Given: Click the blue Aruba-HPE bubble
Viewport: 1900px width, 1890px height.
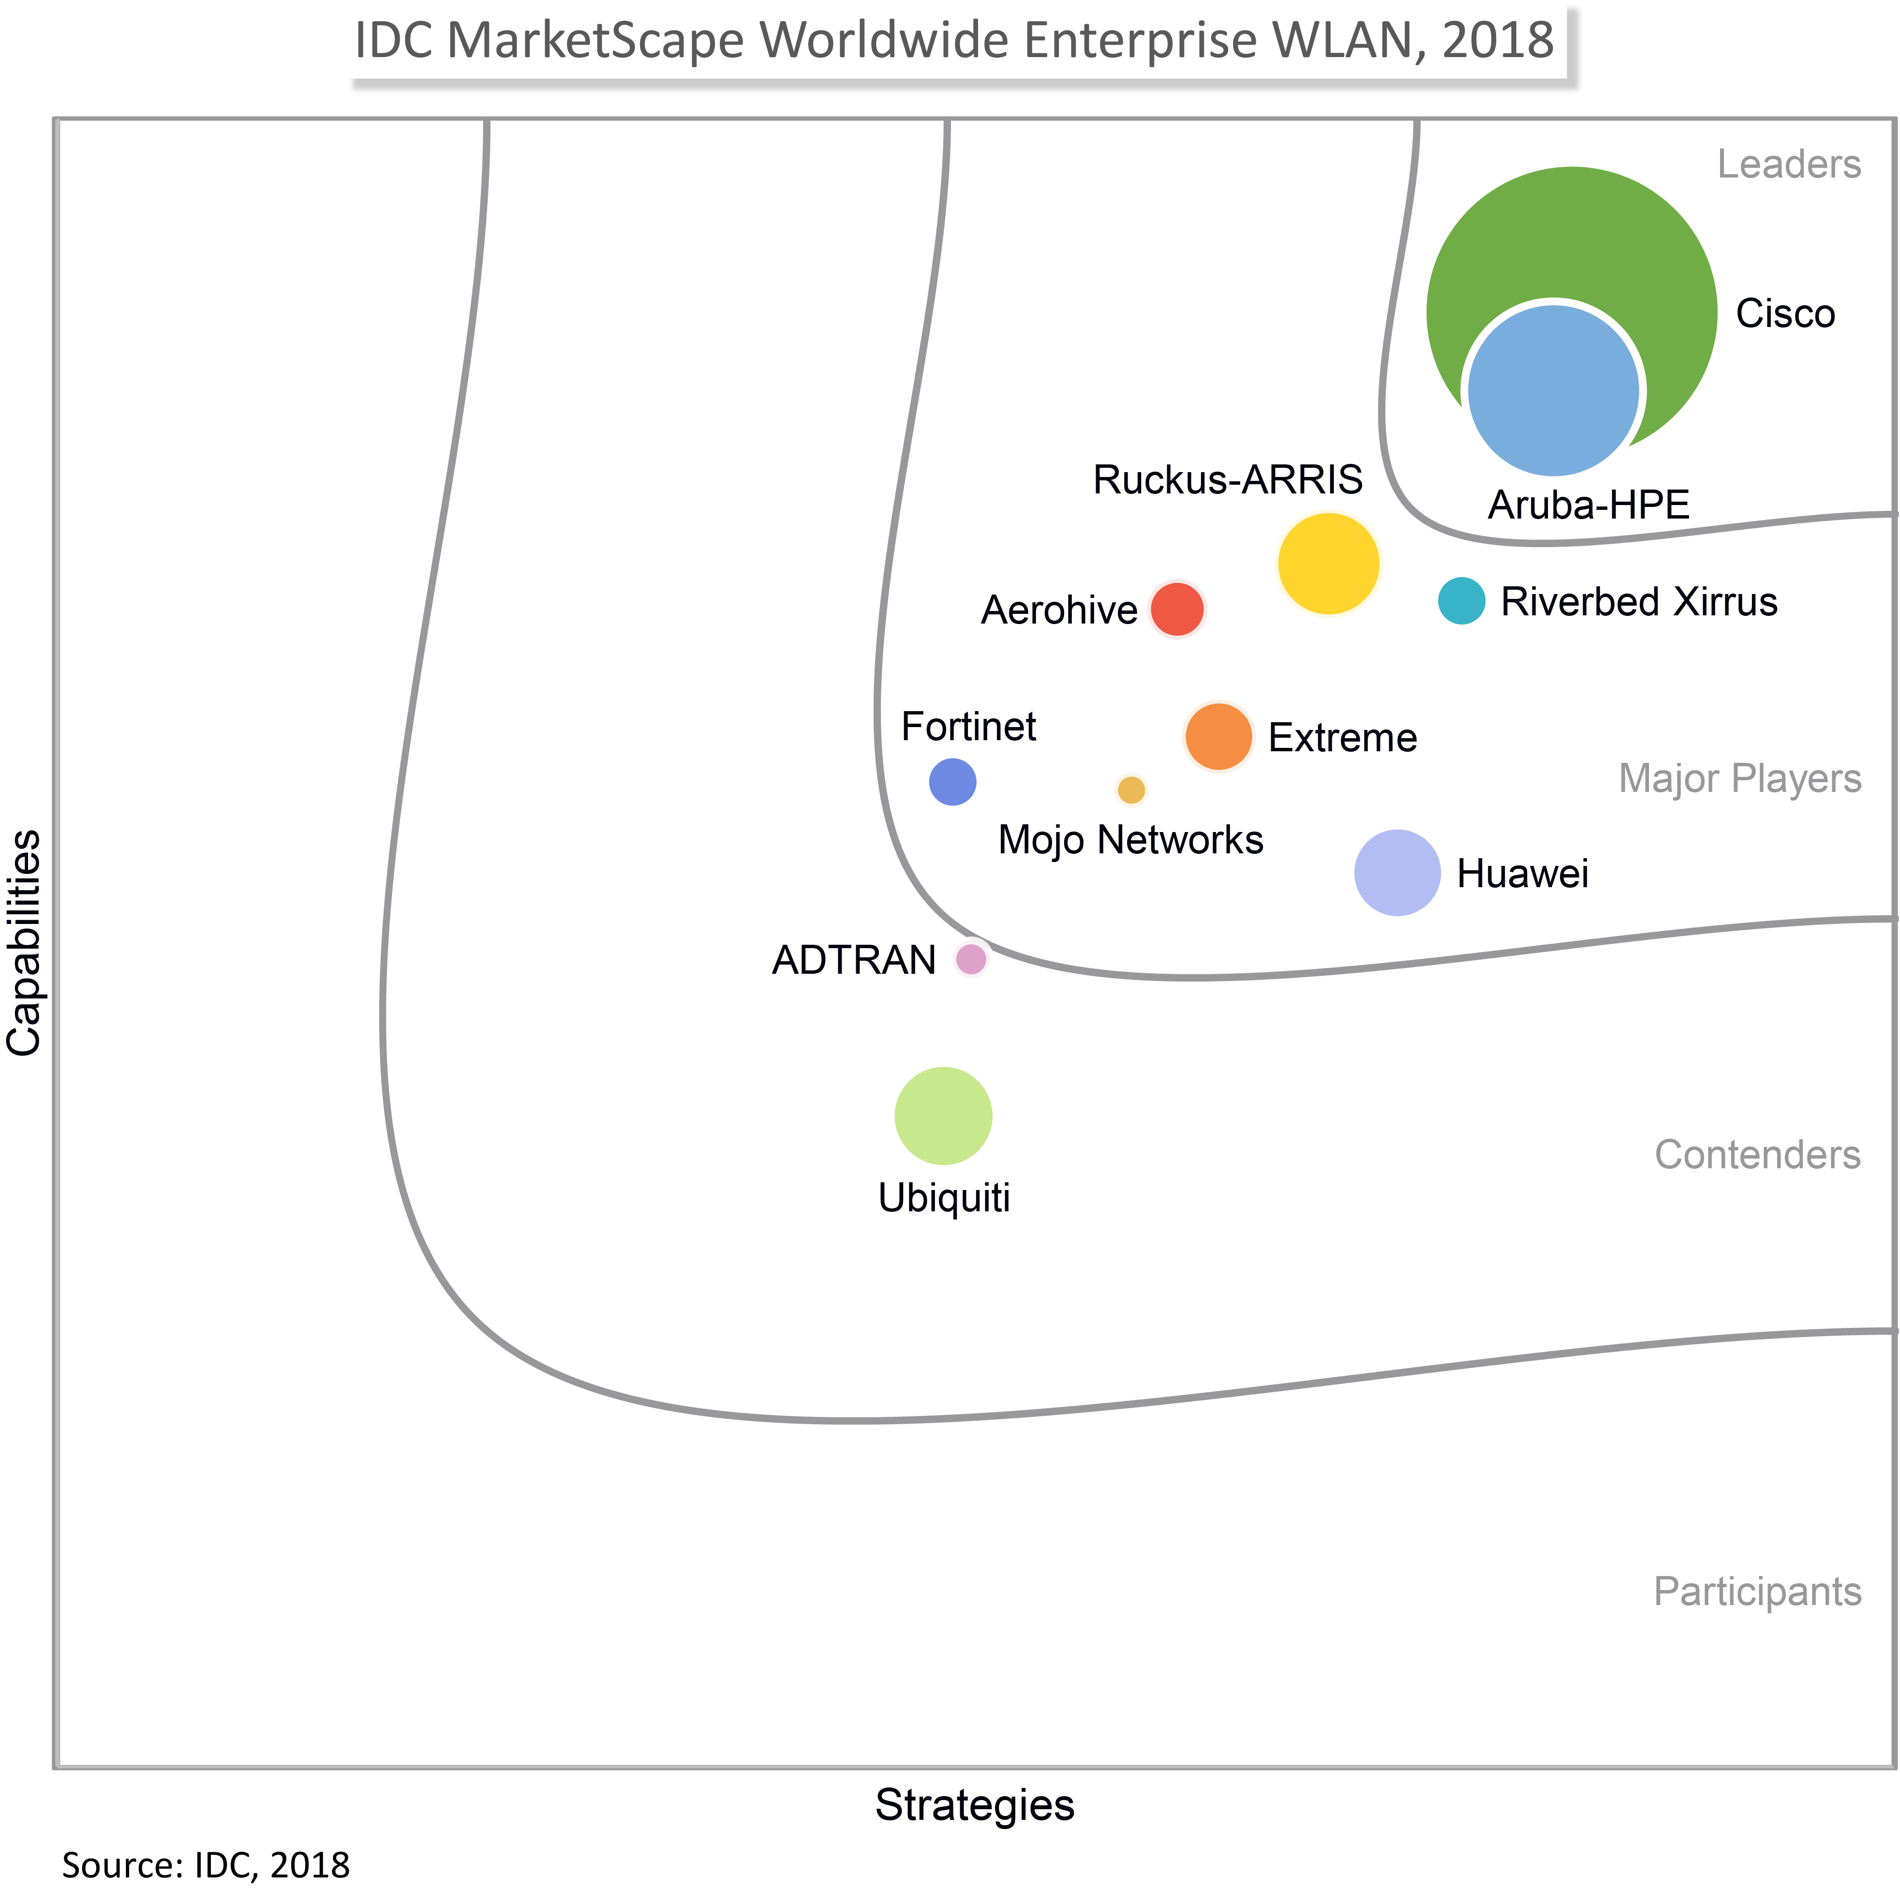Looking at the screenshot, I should (x=1553, y=390).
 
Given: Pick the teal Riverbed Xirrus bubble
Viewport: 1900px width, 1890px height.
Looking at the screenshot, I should (x=1461, y=601).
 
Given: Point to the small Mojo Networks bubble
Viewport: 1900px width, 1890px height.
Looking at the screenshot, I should (x=1131, y=789).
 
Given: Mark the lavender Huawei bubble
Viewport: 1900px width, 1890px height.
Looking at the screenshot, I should (x=1396, y=872).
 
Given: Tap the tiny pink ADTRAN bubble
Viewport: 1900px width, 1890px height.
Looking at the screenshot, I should (x=971, y=959).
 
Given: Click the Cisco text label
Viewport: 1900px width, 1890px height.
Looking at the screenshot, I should (x=1785, y=313).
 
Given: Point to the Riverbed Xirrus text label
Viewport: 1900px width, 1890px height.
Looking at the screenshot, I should (x=1638, y=602).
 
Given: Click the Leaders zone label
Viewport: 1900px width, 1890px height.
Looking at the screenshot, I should (x=1789, y=164).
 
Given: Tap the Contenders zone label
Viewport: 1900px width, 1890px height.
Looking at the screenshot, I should (x=1757, y=1154).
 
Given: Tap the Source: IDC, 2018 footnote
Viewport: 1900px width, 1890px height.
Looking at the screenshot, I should (x=206, y=1864).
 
